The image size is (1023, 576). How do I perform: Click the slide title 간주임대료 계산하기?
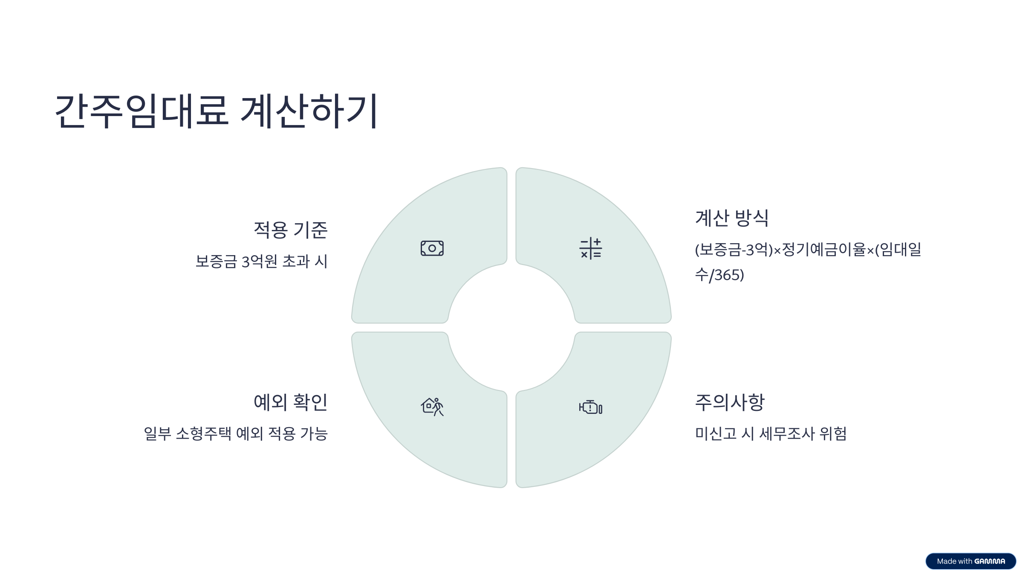[216, 111]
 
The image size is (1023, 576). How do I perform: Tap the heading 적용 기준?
[290, 230]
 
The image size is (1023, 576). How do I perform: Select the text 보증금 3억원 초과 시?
[261, 262]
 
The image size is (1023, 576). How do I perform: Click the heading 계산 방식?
[732, 218]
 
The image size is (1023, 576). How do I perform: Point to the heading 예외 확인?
[290, 402]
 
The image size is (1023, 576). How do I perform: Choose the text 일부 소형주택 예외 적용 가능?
[236, 433]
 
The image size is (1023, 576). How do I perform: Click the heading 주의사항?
[730, 402]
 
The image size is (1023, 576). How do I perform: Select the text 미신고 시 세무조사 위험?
[771, 433]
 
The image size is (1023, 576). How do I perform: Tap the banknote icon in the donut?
[432, 248]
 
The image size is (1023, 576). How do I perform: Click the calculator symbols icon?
[591, 248]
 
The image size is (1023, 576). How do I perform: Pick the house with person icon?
[432, 407]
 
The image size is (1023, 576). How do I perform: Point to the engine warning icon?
[591, 407]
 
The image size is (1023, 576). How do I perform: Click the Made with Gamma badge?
[971, 561]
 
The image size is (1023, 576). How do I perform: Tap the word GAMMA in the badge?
[990, 561]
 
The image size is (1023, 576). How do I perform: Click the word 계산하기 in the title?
[309, 111]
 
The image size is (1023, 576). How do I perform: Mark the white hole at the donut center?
[511, 328]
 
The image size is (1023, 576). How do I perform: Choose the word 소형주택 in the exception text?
[204, 433]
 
